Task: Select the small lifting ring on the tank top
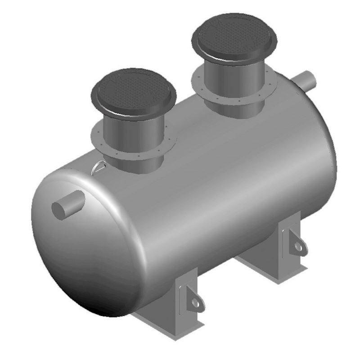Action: pyautogui.click(x=99, y=167)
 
